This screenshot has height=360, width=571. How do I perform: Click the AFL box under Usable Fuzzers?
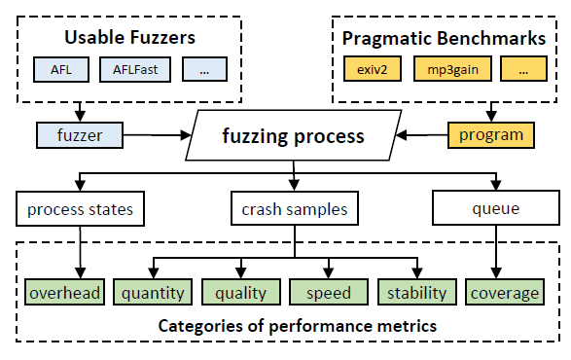pos(62,70)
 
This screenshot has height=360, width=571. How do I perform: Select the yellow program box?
pos(491,134)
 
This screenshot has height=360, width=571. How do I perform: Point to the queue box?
pos(496,208)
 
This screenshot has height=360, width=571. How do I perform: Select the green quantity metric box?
pos(154,292)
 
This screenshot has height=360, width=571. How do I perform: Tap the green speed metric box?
pos(329,292)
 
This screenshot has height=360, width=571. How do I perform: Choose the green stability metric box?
pos(416,292)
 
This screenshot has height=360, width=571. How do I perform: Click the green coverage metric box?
pos(504,292)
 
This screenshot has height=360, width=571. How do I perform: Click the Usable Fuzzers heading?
pos(129,38)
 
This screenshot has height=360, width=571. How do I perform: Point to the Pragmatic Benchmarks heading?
pos(445,38)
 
